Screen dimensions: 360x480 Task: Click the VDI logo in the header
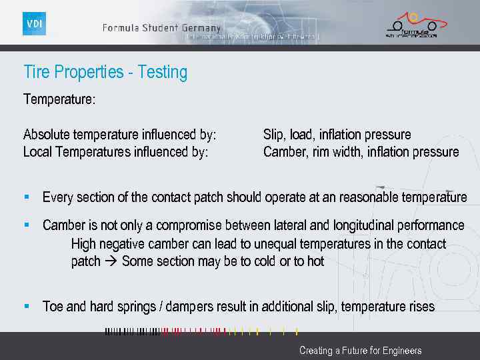34,24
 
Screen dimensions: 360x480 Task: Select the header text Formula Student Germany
161,28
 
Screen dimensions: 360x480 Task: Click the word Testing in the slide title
163,72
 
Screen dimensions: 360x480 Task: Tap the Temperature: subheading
59,99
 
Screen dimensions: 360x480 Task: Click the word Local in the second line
38,152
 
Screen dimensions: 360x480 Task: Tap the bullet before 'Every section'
27,197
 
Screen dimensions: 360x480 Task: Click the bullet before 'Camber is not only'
27,225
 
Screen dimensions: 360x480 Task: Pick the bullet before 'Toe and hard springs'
27,307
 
